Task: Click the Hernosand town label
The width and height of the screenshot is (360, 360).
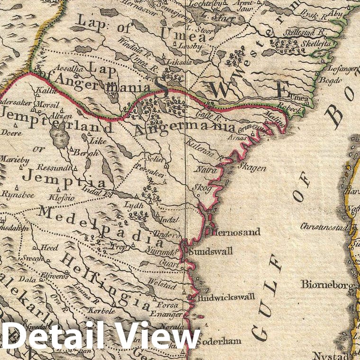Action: click(230, 233)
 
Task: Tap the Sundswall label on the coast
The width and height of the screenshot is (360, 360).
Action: click(210, 251)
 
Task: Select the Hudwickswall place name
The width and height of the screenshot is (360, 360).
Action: click(225, 297)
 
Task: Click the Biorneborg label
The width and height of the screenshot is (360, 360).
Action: click(327, 285)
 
